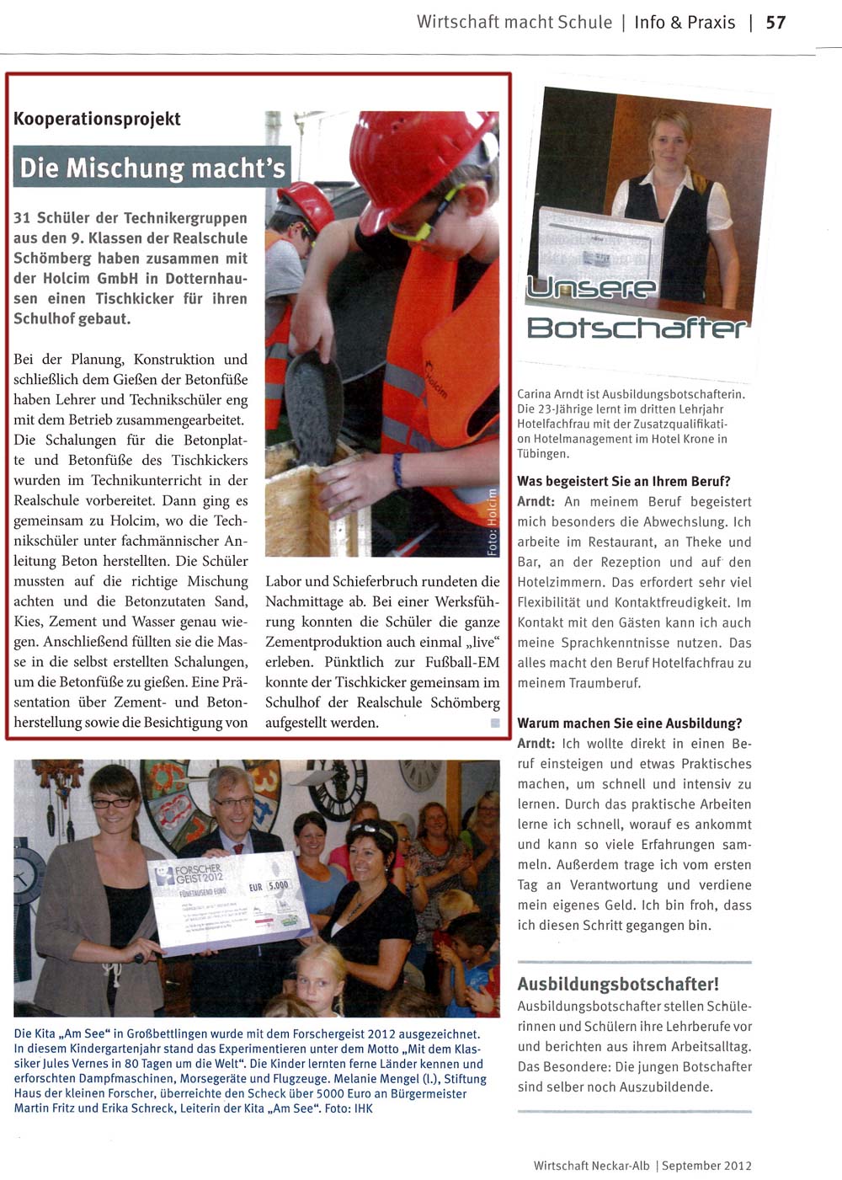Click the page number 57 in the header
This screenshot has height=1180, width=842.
point(775,23)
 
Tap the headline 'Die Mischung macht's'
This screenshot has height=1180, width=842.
point(152,168)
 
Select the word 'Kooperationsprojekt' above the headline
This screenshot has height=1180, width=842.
point(97,119)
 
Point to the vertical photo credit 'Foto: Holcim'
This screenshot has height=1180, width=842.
point(493,522)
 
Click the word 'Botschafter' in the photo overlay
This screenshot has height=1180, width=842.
point(637,327)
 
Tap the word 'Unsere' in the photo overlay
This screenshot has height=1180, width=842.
point(591,289)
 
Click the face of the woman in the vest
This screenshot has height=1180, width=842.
point(671,143)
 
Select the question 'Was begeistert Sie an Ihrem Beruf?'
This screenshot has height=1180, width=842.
point(624,482)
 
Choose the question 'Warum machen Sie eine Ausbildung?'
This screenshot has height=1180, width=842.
point(630,723)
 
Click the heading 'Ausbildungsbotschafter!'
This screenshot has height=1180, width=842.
point(618,984)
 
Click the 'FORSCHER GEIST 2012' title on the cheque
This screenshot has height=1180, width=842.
point(199,873)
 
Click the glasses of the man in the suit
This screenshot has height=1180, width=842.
point(233,803)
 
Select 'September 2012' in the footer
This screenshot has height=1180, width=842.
point(706,1166)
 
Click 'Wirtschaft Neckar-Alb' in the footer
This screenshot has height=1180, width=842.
point(592,1166)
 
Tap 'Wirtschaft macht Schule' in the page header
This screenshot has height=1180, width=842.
point(514,23)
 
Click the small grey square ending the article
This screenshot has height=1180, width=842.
point(495,723)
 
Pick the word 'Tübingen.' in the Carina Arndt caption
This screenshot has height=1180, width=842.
point(543,454)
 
